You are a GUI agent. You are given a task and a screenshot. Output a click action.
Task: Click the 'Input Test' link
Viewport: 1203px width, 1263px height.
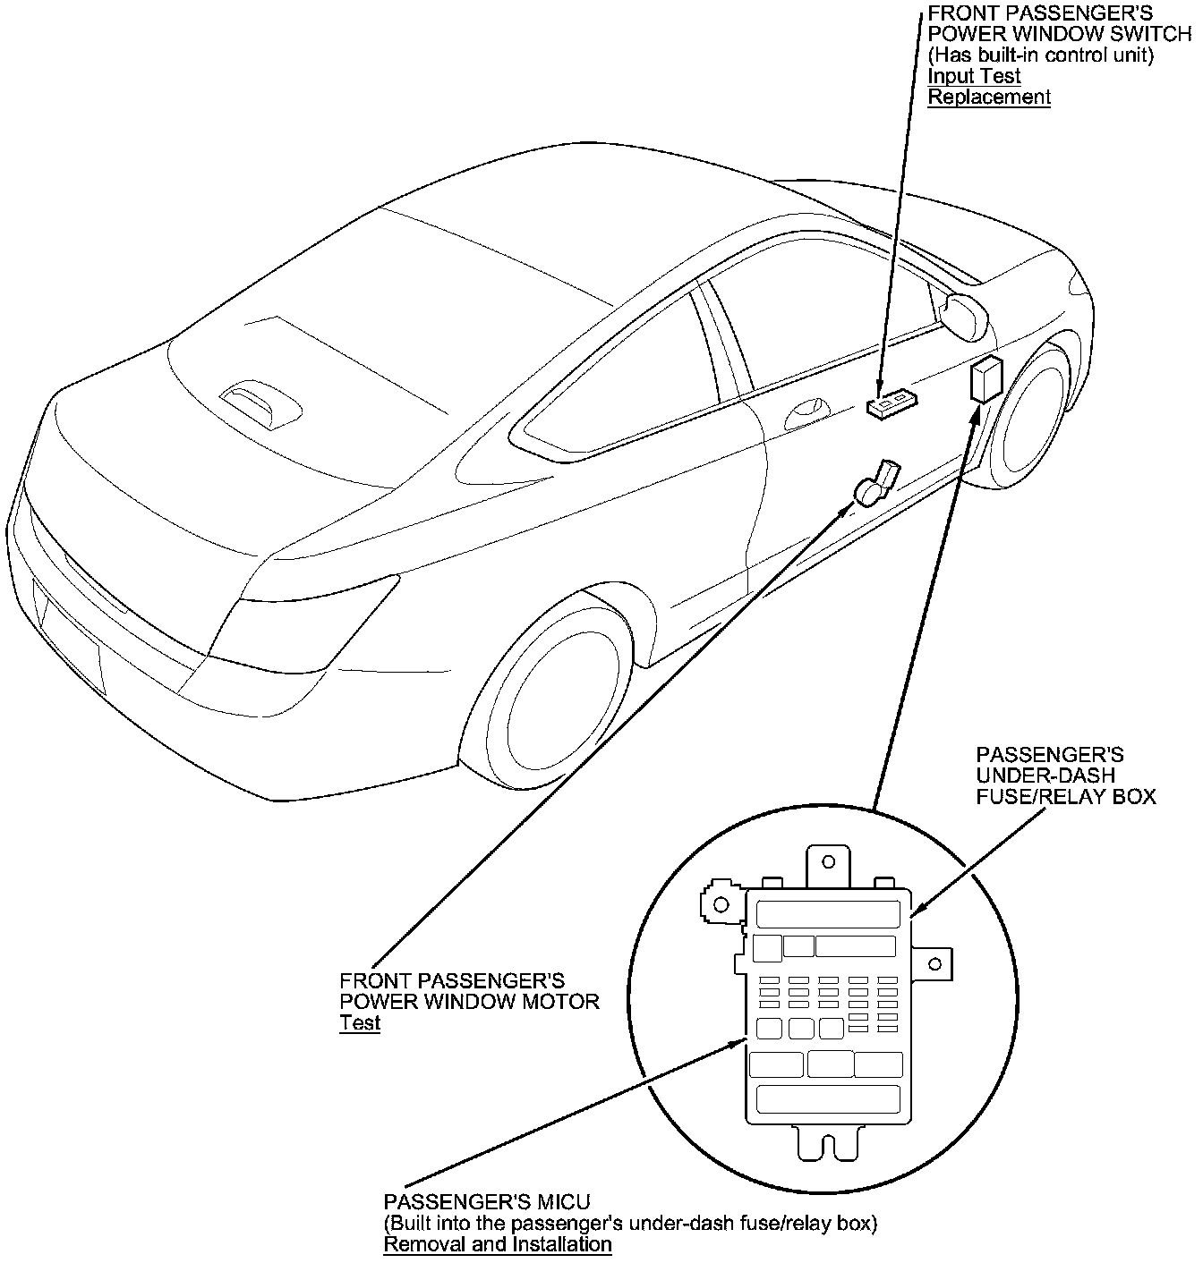pos(974,77)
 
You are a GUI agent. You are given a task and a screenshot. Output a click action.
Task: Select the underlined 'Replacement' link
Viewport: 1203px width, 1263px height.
pos(988,97)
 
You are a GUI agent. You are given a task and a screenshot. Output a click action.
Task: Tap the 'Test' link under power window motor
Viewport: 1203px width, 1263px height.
pos(360,1023)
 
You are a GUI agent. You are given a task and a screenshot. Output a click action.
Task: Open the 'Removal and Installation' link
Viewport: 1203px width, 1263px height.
pos(497,1244)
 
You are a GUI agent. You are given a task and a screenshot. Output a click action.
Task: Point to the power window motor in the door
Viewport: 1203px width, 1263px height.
pos(875,484)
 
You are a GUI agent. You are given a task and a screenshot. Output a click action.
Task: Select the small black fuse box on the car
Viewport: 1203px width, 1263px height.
pos(985,379)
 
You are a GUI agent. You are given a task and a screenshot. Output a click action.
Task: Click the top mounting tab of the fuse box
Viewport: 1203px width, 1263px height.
pos(829,865)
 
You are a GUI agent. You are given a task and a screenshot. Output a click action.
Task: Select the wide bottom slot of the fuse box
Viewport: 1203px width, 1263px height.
pos(828,1098)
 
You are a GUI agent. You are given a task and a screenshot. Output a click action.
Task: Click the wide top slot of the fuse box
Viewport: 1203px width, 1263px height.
pos(828,914)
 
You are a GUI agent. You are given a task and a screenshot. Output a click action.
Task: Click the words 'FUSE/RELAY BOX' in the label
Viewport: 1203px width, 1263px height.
pos(1065,795)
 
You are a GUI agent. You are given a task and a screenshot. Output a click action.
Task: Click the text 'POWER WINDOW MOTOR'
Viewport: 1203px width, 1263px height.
pos(469,1001)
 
